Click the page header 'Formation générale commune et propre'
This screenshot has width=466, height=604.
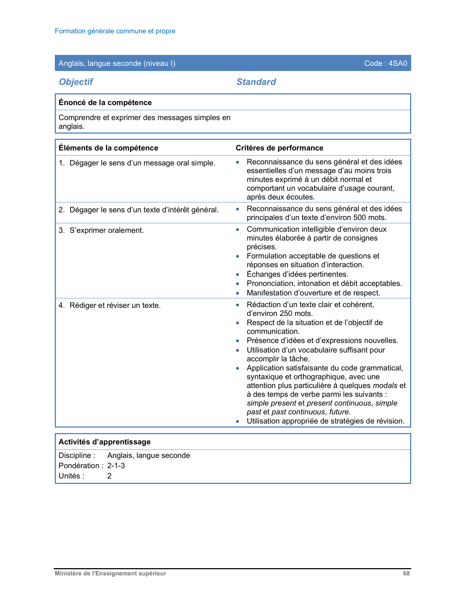pyautogui.click(x=115, y=31)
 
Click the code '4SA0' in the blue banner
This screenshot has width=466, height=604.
pyautogui.click(x=398, y=63)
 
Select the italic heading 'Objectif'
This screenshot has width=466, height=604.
pyautogui.click(x=76, y=82)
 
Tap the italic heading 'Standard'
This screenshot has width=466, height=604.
pyautogui.click(x=256, y=82)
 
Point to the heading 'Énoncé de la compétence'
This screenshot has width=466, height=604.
pyautogui.click(x=105, y=102)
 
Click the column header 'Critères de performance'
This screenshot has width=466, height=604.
pyautogui.click(x=279, y=148)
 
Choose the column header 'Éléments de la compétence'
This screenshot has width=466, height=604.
pyautogui.click(x=108, y=148)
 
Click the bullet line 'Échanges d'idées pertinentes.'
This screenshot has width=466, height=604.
pyautogui.click(x=297, y=274)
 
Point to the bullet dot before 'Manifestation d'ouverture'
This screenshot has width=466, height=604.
pyautogui.click(x=238, y=293)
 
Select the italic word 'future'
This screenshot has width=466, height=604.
pyautogui.click(x=339, y=412)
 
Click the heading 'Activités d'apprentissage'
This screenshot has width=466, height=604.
pyautogui.click(x=105, y=442)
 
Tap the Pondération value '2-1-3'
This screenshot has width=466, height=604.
pyautogui.click(x=116, y=466)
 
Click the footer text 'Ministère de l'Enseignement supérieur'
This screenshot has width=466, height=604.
pyautogui.click(x=110, y=574)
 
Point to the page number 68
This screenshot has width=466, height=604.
pyautogui.click(x=406, y=574)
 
